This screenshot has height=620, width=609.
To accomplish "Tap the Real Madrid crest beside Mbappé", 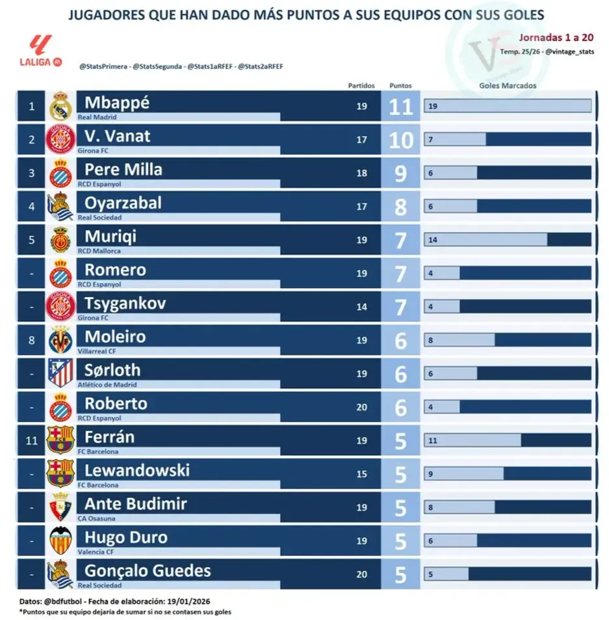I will coord(60,106).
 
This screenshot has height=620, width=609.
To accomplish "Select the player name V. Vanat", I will coord(117,136).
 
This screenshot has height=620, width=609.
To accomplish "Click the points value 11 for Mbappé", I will coord(401,106).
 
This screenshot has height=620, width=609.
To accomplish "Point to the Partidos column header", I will coord(361,85).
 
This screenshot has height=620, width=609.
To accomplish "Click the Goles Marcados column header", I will coord(508,85).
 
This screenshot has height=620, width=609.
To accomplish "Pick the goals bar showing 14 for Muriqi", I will coord(486,240).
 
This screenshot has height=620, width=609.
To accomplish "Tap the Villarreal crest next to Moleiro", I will coord(60,340).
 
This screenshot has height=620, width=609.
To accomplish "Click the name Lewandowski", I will coord(137,470).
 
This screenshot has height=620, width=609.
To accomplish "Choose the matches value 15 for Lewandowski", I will coord(362,474).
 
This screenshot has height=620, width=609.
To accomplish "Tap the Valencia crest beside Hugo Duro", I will coord(60,541).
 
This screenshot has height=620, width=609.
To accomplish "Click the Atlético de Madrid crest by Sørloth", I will coord(60,374).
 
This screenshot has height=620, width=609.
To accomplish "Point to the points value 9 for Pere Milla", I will coord(401,173).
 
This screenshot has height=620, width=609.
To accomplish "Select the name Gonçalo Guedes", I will coord(148,571).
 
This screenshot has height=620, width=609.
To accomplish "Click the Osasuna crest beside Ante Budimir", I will coord(60,507).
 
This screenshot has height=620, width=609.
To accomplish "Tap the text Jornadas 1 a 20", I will coord(556,38).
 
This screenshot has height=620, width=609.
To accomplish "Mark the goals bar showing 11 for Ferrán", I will coord(473,441).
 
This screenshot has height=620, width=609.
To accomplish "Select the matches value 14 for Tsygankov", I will coord(362,307).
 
